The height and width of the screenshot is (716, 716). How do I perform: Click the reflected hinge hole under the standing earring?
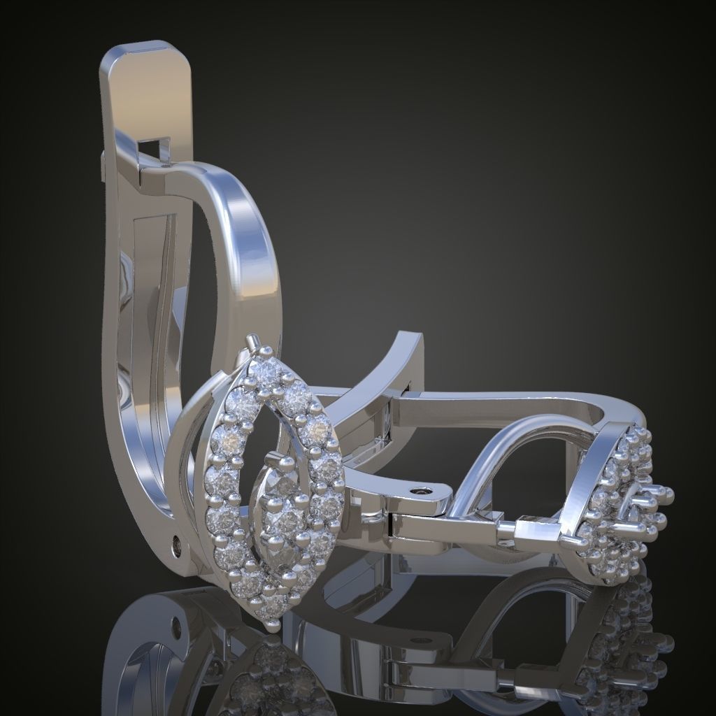[176, 624]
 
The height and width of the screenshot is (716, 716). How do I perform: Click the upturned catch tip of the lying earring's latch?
[413, 343]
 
